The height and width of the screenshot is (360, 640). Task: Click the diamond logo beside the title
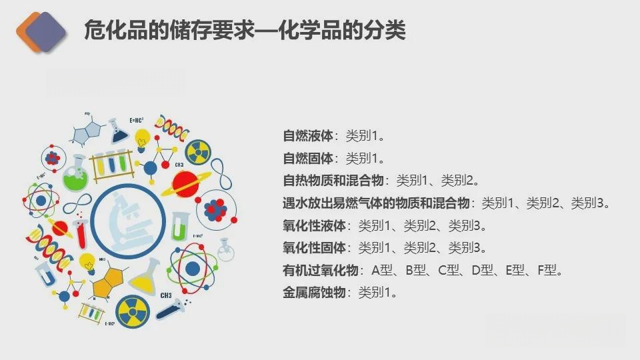click(41, 32)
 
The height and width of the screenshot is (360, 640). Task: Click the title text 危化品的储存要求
click(169, 30)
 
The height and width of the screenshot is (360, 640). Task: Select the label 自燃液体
click(308, 135)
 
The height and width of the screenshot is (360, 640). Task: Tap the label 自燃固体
click(308, 158)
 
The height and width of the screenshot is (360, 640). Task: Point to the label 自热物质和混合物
click(333, 180)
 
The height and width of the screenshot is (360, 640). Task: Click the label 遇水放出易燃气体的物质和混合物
click(376, 203)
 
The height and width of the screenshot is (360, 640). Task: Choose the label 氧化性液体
click(314, 225)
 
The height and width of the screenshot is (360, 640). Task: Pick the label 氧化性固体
click(314, 247)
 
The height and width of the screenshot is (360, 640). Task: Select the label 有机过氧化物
click(321, 270)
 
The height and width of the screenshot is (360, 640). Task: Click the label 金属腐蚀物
click(314, 292)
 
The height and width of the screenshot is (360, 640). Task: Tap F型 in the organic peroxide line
click(547, 270)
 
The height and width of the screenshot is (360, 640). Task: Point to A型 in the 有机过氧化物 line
click(382, 270)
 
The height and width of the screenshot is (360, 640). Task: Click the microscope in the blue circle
click(129, 223)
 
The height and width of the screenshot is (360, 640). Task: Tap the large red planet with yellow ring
click(186, 184)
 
